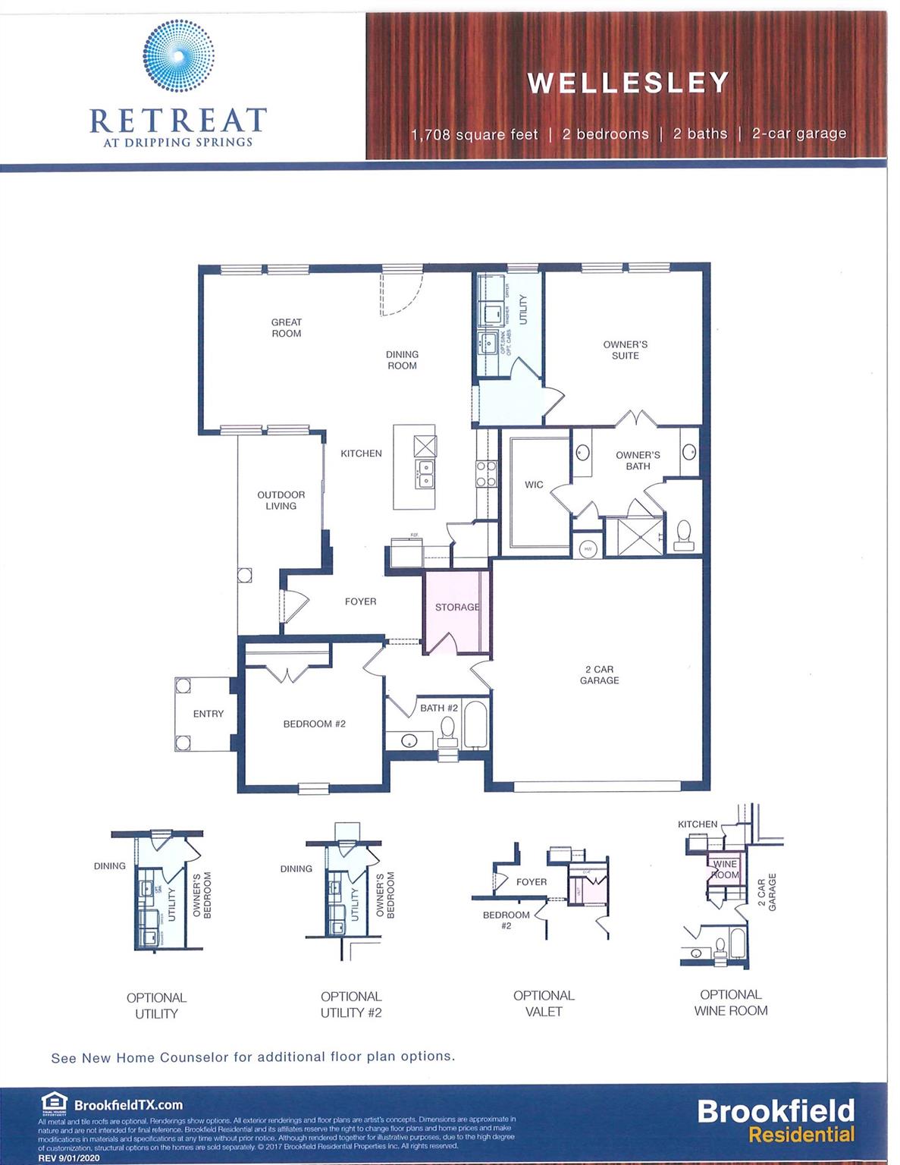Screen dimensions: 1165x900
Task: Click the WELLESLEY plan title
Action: [628, 83]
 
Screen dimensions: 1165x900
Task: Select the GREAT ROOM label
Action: [286, 328]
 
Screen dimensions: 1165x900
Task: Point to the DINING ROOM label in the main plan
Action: [402, 360]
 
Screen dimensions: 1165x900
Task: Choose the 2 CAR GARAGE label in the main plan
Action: [599, 675]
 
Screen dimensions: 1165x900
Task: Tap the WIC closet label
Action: [534, 485]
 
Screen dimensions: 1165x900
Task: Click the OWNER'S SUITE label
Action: [625, 350]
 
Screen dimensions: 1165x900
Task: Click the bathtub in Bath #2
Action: [476, 725]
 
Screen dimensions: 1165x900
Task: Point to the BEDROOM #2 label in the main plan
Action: [314, 724]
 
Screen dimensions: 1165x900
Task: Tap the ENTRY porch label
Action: [208, 714]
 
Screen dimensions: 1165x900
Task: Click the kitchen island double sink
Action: [425, 474]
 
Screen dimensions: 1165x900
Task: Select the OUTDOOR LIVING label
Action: [281, 501]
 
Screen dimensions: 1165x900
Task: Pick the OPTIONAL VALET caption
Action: [544, 1003]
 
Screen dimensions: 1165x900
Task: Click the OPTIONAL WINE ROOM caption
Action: [730, 1002]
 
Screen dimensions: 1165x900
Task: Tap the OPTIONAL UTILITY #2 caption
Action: [350, 1004]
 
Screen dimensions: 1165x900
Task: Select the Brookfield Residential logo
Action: [775, 1120]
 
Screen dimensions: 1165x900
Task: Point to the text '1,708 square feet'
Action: [475, 135]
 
